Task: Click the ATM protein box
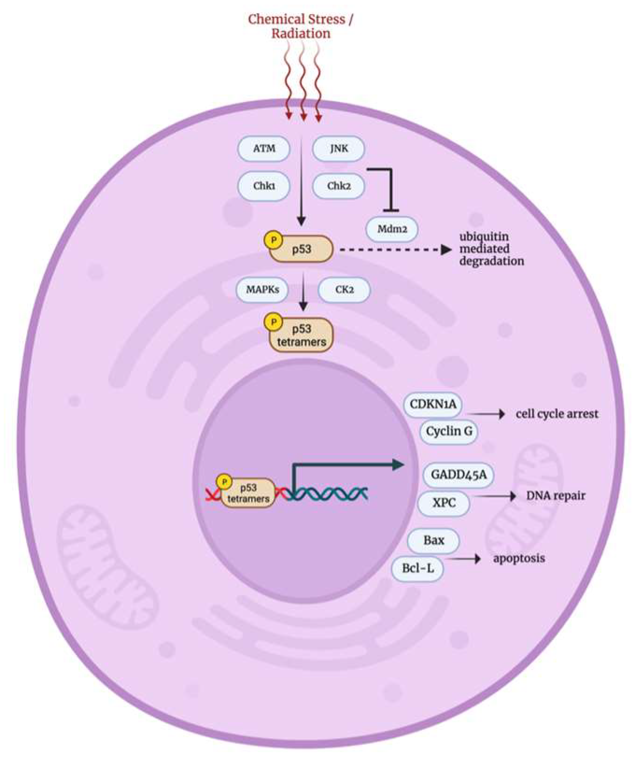(264, 148)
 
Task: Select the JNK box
(338, 148)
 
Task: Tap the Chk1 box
(264, 186)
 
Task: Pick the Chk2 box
(338, 186)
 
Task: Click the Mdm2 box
(392, 229)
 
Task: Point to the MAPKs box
(262, 290)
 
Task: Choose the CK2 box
(344, 290)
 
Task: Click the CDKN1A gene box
(432, 404)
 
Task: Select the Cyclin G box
(449, 431)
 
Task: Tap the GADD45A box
(458, 475)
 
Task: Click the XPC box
(443, 503)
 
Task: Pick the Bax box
(433, 540)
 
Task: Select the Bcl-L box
(417, 568)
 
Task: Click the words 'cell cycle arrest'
(556, 414)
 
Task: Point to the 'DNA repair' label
(556, 495)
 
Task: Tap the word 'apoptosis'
(519, 558)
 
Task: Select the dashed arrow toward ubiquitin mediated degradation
(392, 250)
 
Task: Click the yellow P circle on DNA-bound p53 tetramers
(225, 481)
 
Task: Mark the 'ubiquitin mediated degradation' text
(491, 249)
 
